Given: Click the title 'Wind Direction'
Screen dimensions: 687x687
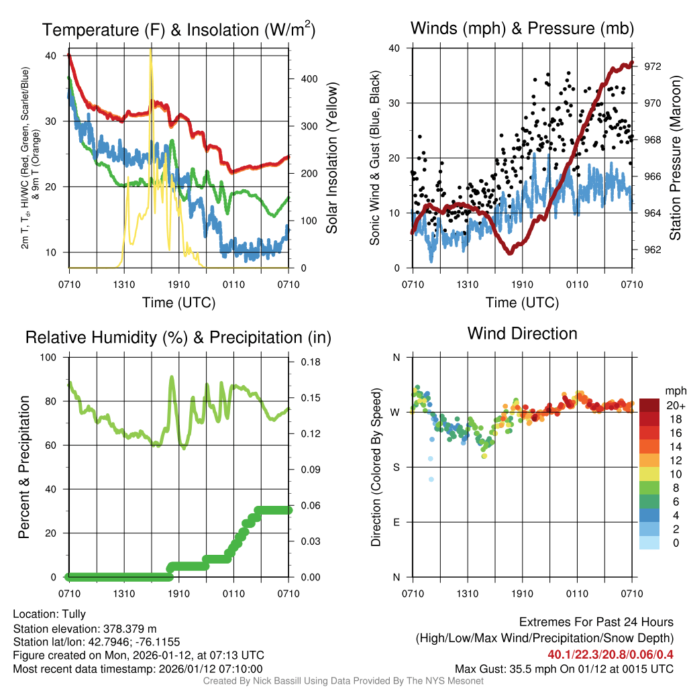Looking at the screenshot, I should pyautogui.click(x=522, y=333).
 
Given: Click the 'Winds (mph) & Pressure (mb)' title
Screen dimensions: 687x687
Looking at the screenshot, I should pyautogui.click(x=522, y=28).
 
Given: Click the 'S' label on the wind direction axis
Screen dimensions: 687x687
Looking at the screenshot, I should pyautogui.click(x=395, y=467).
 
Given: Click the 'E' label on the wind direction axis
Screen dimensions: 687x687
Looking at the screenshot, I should pyautogui.click(x=395, y=522).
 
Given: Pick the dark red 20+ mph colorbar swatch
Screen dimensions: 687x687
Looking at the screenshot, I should pyautogui.click(x=649, y=405).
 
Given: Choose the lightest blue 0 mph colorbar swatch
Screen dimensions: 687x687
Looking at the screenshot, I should pyautogui.click(x=649, y=542).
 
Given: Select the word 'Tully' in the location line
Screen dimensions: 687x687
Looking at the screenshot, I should pyautogui.click(x=74, y=614).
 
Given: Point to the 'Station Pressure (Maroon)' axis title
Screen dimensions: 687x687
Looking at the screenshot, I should pyautogui.click(x=676, y=158).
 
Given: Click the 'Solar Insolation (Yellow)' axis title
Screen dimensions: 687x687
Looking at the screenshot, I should pyautogui.click(x=331, y=158).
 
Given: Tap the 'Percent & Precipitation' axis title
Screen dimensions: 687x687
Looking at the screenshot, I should pyautogui.click(x=25, y=467).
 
